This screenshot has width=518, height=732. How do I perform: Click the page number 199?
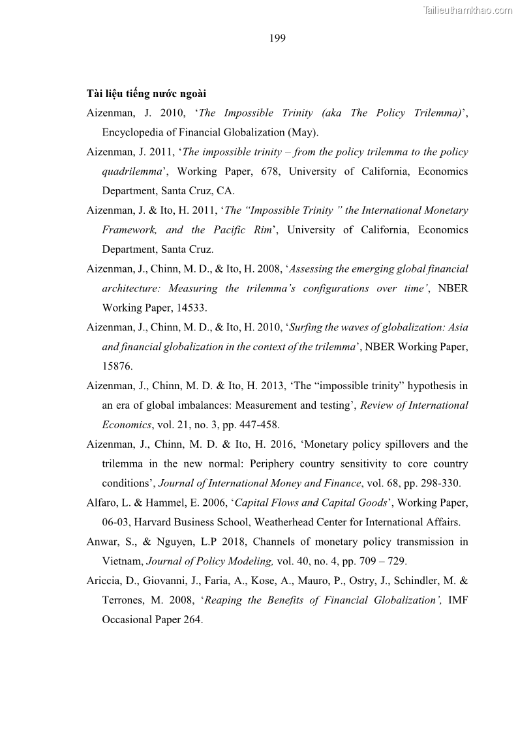point(277,38)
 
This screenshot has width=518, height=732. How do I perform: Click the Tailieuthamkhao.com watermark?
point(468,10)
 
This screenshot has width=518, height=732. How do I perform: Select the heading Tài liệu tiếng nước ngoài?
point(146,94)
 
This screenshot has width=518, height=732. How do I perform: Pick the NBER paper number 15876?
point(117,366)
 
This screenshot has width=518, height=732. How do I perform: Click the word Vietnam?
point(122,561)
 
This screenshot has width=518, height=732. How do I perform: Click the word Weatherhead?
point(288,522)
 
